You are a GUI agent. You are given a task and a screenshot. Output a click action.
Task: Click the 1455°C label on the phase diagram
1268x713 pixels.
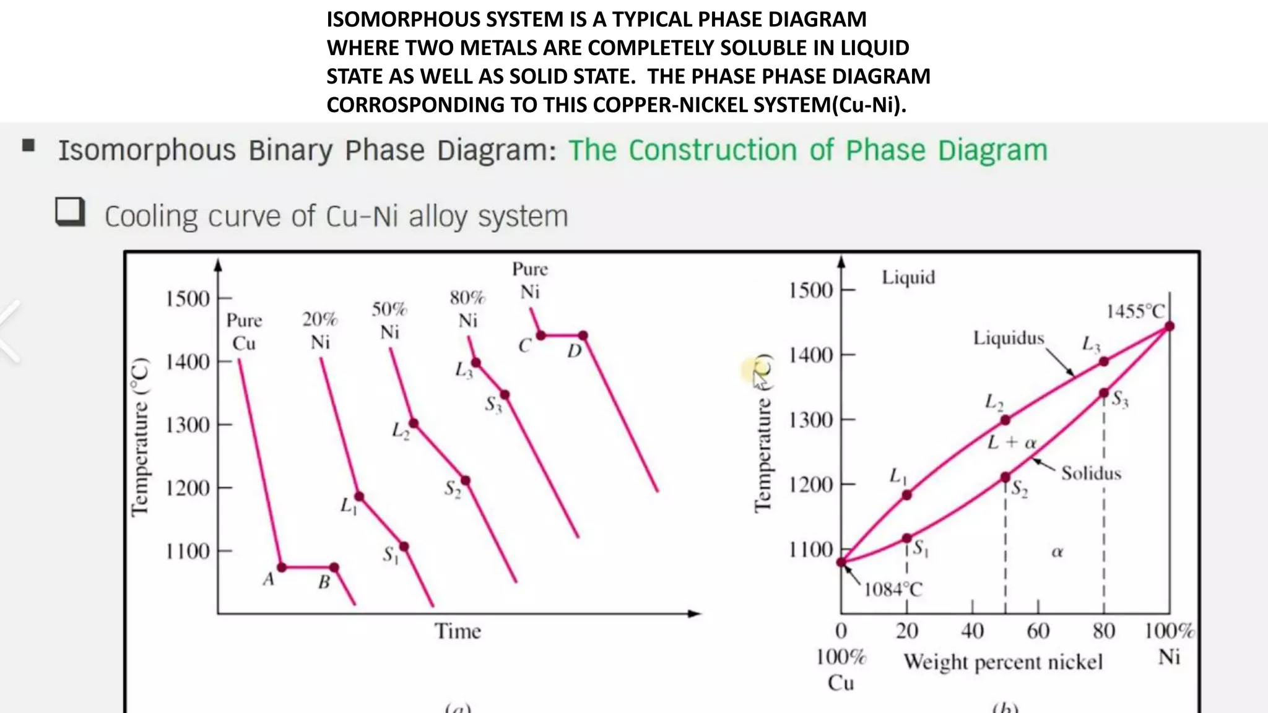(1135, 311)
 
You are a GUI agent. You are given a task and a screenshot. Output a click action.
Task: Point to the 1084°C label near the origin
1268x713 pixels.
(893, 589)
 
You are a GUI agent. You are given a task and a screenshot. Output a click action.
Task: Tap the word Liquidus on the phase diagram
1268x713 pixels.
(1008, 338)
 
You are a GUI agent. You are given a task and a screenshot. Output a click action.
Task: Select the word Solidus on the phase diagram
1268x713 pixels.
(1091, 473)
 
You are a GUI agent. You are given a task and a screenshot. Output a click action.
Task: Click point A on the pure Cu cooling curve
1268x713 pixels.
(282, 567)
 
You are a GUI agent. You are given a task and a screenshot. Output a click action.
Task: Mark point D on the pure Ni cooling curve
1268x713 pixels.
(583, 335)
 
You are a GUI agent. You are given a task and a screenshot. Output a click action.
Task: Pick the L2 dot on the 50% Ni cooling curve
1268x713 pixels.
(414, 423)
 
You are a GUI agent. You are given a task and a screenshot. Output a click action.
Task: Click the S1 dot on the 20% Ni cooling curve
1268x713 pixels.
(404, 547)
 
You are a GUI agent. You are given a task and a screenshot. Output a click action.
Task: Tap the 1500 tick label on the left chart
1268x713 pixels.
(188, 299)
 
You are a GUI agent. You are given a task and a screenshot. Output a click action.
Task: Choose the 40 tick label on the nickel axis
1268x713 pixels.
(972, 631)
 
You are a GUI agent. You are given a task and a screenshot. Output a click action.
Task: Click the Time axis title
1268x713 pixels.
(458, 631)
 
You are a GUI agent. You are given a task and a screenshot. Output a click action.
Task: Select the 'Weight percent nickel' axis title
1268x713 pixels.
(1003, 662)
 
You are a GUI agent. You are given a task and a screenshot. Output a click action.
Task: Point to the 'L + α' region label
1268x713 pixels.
(1011, 443)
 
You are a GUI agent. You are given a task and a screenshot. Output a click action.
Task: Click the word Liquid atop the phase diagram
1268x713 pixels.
(908, 277)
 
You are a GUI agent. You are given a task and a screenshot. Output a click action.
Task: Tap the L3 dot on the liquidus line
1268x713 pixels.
(1104, 361)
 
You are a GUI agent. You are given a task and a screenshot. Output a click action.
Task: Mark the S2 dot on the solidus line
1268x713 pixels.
(1005, 477)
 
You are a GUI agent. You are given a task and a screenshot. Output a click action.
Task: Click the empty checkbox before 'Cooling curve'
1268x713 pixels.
(69, 212)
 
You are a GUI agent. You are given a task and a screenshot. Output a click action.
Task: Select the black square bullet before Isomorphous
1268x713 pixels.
(28, 145)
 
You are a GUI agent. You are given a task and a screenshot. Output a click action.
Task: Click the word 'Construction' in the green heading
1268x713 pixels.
(713, 150)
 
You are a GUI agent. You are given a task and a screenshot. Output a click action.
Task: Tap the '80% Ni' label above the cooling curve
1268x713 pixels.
(467, 309)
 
